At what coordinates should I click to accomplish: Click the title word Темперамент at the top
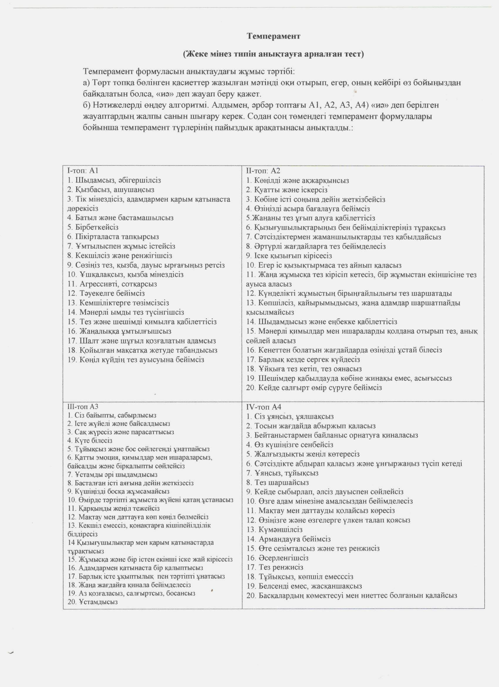point(273,36)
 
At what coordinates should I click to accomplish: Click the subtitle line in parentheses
point(273,54)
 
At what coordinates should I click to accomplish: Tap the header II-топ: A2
point(263,171)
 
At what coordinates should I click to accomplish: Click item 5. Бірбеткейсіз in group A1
point(92,227)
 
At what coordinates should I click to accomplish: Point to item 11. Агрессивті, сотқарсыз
point(112,284)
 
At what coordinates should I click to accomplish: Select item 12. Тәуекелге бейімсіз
point(106,293)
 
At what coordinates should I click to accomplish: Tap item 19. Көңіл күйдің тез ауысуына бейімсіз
point(136,360)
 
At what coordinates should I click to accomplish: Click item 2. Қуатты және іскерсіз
point(286,190)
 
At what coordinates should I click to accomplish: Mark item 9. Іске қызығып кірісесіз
point(289,256)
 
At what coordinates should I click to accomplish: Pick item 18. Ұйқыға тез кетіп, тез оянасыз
point(304,369)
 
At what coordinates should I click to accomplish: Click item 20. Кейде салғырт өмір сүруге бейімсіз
point(314,388)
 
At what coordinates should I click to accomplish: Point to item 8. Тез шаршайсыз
point(277,482)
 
